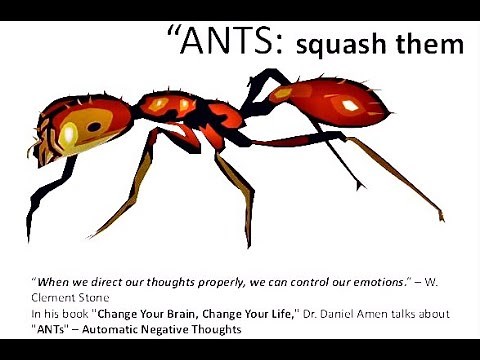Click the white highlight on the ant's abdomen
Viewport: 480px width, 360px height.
tap(350, 104)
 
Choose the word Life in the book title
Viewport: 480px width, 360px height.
tap(290, 313)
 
